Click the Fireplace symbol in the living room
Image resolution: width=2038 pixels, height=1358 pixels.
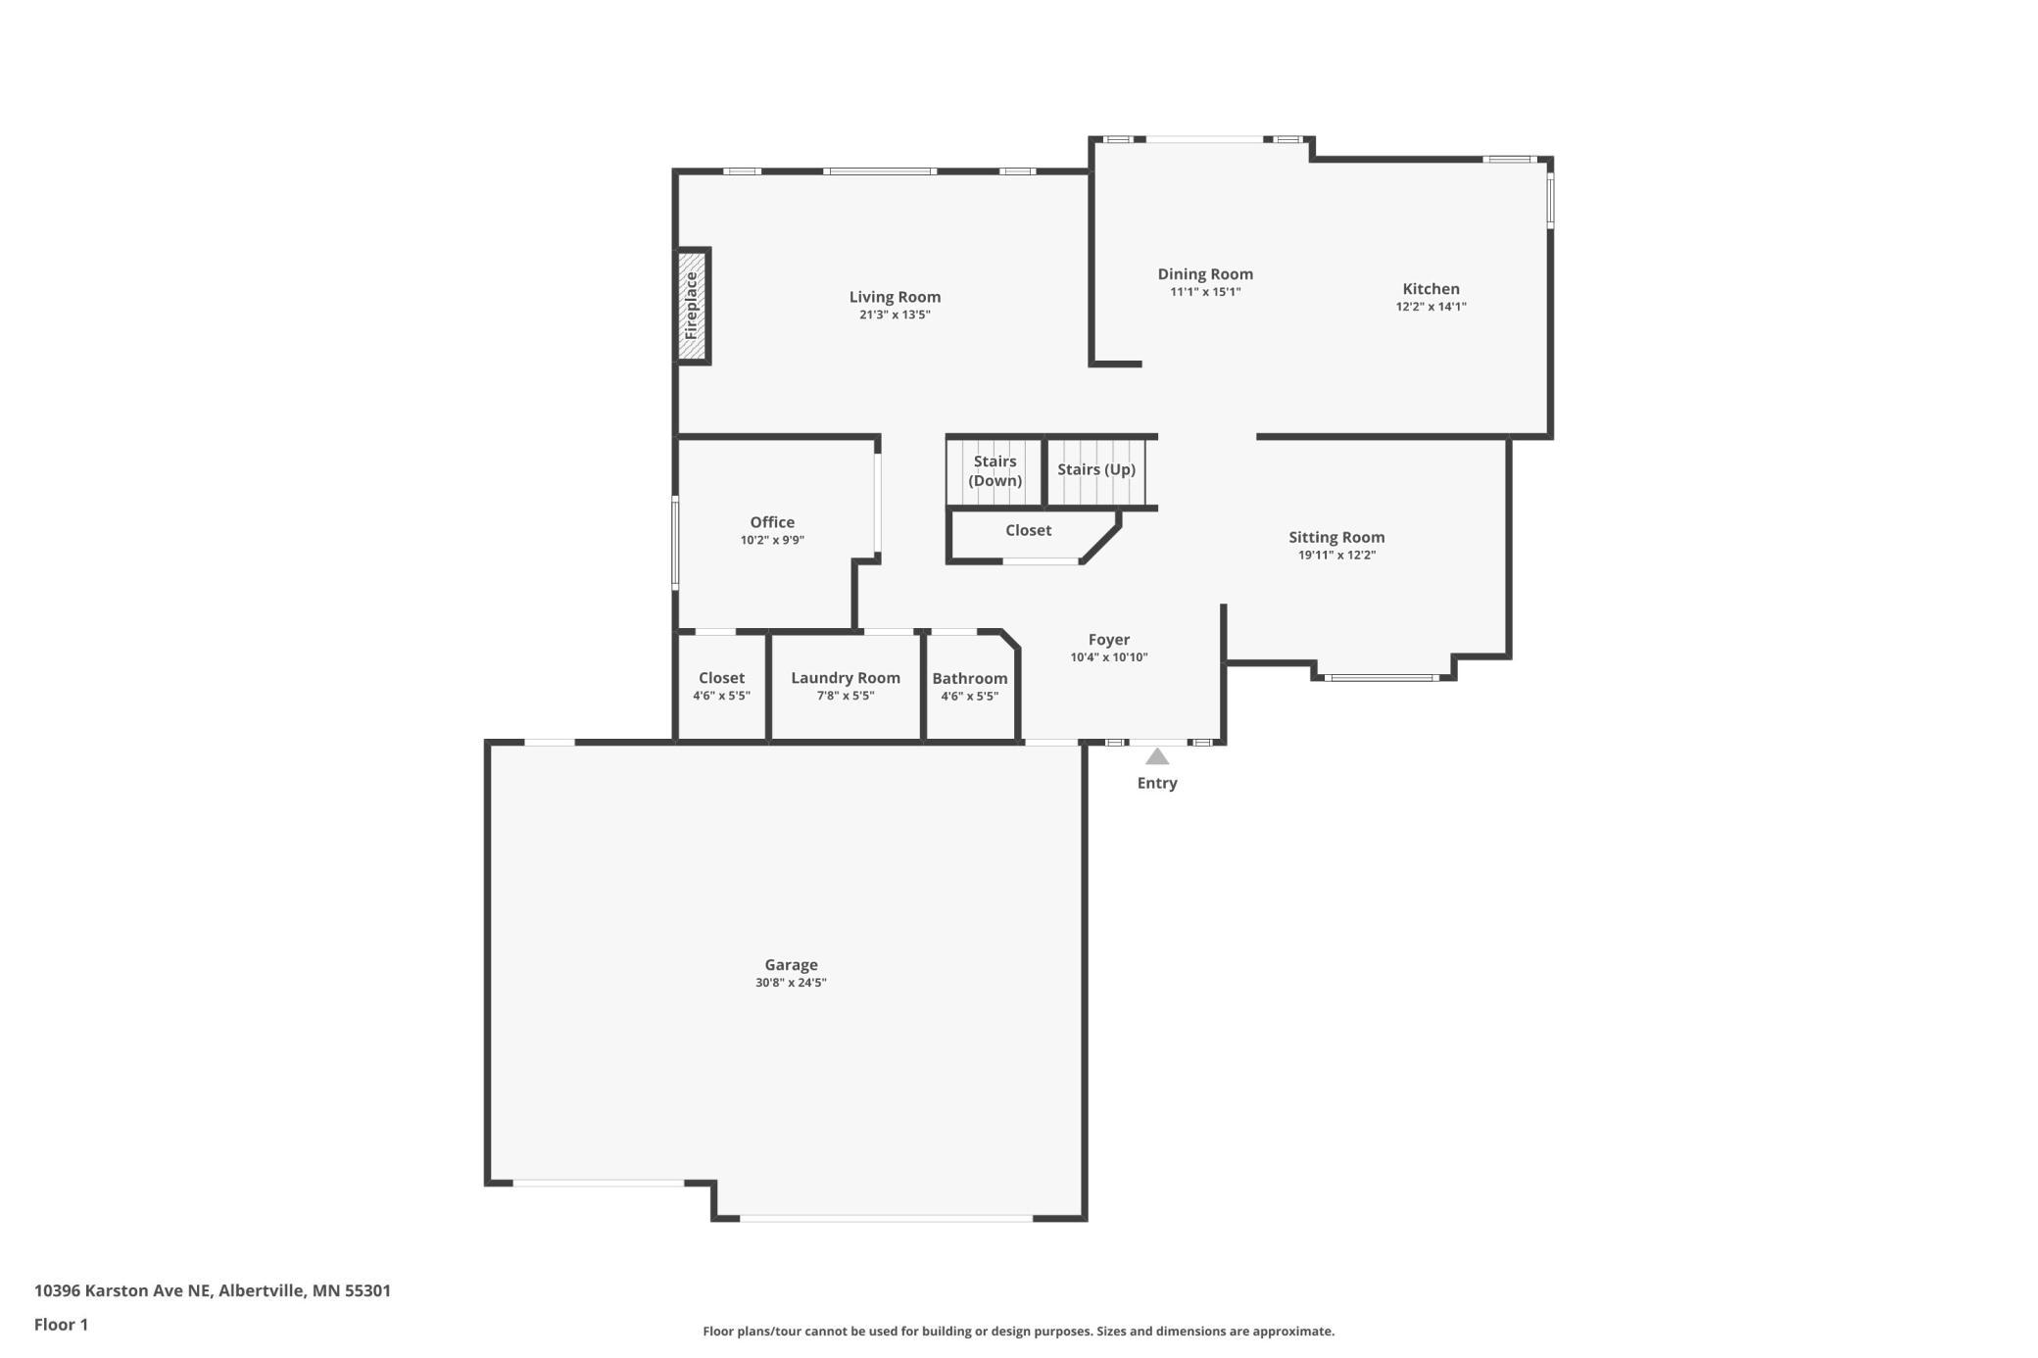pos(693,306)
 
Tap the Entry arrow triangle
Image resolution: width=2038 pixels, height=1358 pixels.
pos(1157,756)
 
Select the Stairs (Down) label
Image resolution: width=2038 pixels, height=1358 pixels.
pos(995,471)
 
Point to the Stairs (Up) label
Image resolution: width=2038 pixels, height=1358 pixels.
pos(1096,469)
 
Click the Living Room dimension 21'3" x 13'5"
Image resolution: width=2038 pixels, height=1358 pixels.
pos(895,315)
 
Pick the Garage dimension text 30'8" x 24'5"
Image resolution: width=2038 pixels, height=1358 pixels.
pos(791,983)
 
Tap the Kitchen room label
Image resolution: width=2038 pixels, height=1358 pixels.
pos(1431,289)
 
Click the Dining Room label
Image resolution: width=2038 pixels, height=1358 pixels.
pos(1205,274)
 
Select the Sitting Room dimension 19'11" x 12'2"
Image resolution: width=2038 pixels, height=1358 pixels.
pos(1336,556)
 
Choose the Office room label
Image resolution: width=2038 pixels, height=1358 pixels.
pos(772,522)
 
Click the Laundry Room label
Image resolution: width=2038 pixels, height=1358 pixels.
pos(846,678)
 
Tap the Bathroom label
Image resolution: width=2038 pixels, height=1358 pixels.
pos(970,679)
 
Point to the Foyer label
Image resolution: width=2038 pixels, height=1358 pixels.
pos(1109,640)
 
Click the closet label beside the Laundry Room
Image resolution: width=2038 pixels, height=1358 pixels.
pos(721,678)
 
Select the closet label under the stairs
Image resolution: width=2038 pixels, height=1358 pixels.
pos(1028,530)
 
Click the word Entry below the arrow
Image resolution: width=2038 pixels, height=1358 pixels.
pos(1157,783)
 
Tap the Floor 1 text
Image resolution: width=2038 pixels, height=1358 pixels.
pos(61,1325)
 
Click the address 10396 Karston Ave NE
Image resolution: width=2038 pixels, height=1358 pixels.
pos(122,1290)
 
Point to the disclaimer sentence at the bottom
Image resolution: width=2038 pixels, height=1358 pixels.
pos(1018,1332)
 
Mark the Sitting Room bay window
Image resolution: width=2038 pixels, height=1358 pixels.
pos(1382,677)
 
